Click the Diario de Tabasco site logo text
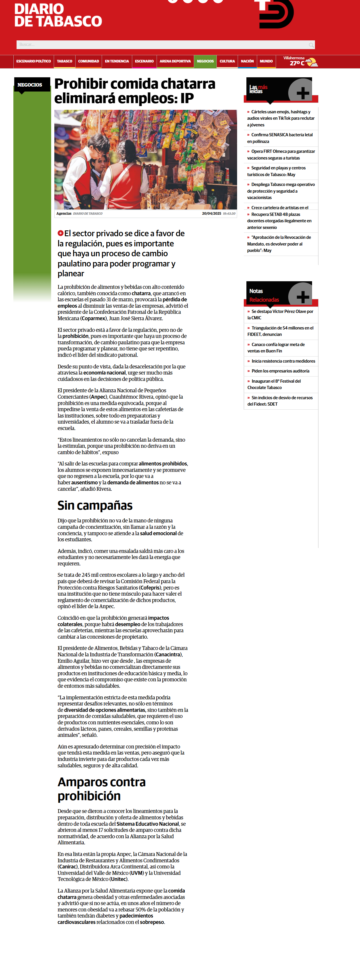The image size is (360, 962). pyautogui.click(x=58, y=15)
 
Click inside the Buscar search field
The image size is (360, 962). pyautogui.click(x=161, y=45)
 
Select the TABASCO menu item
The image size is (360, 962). pyautogui.click(x=65, y=61)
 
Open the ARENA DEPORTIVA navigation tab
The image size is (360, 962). pyautogui.click(x=175, y=61)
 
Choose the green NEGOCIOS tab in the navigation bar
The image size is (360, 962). pyautogui.click(x=205, y=61)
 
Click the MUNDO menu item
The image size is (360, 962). pyautogui.click(x=266, y=61)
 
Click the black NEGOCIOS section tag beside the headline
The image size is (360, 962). pyautogui.click(x=30, y=85)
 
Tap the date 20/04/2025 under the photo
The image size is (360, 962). pyautogui.click(x=211, y=214)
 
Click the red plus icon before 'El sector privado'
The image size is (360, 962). pyautogui.click(x=60, y=233)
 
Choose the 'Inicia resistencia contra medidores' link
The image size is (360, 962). pyautogui.click(x=283, y=361)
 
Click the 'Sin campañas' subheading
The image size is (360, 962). pyautogui.click(x=95, y=505)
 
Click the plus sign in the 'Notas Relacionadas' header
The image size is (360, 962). pyautogui.click(x=302, y=297)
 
